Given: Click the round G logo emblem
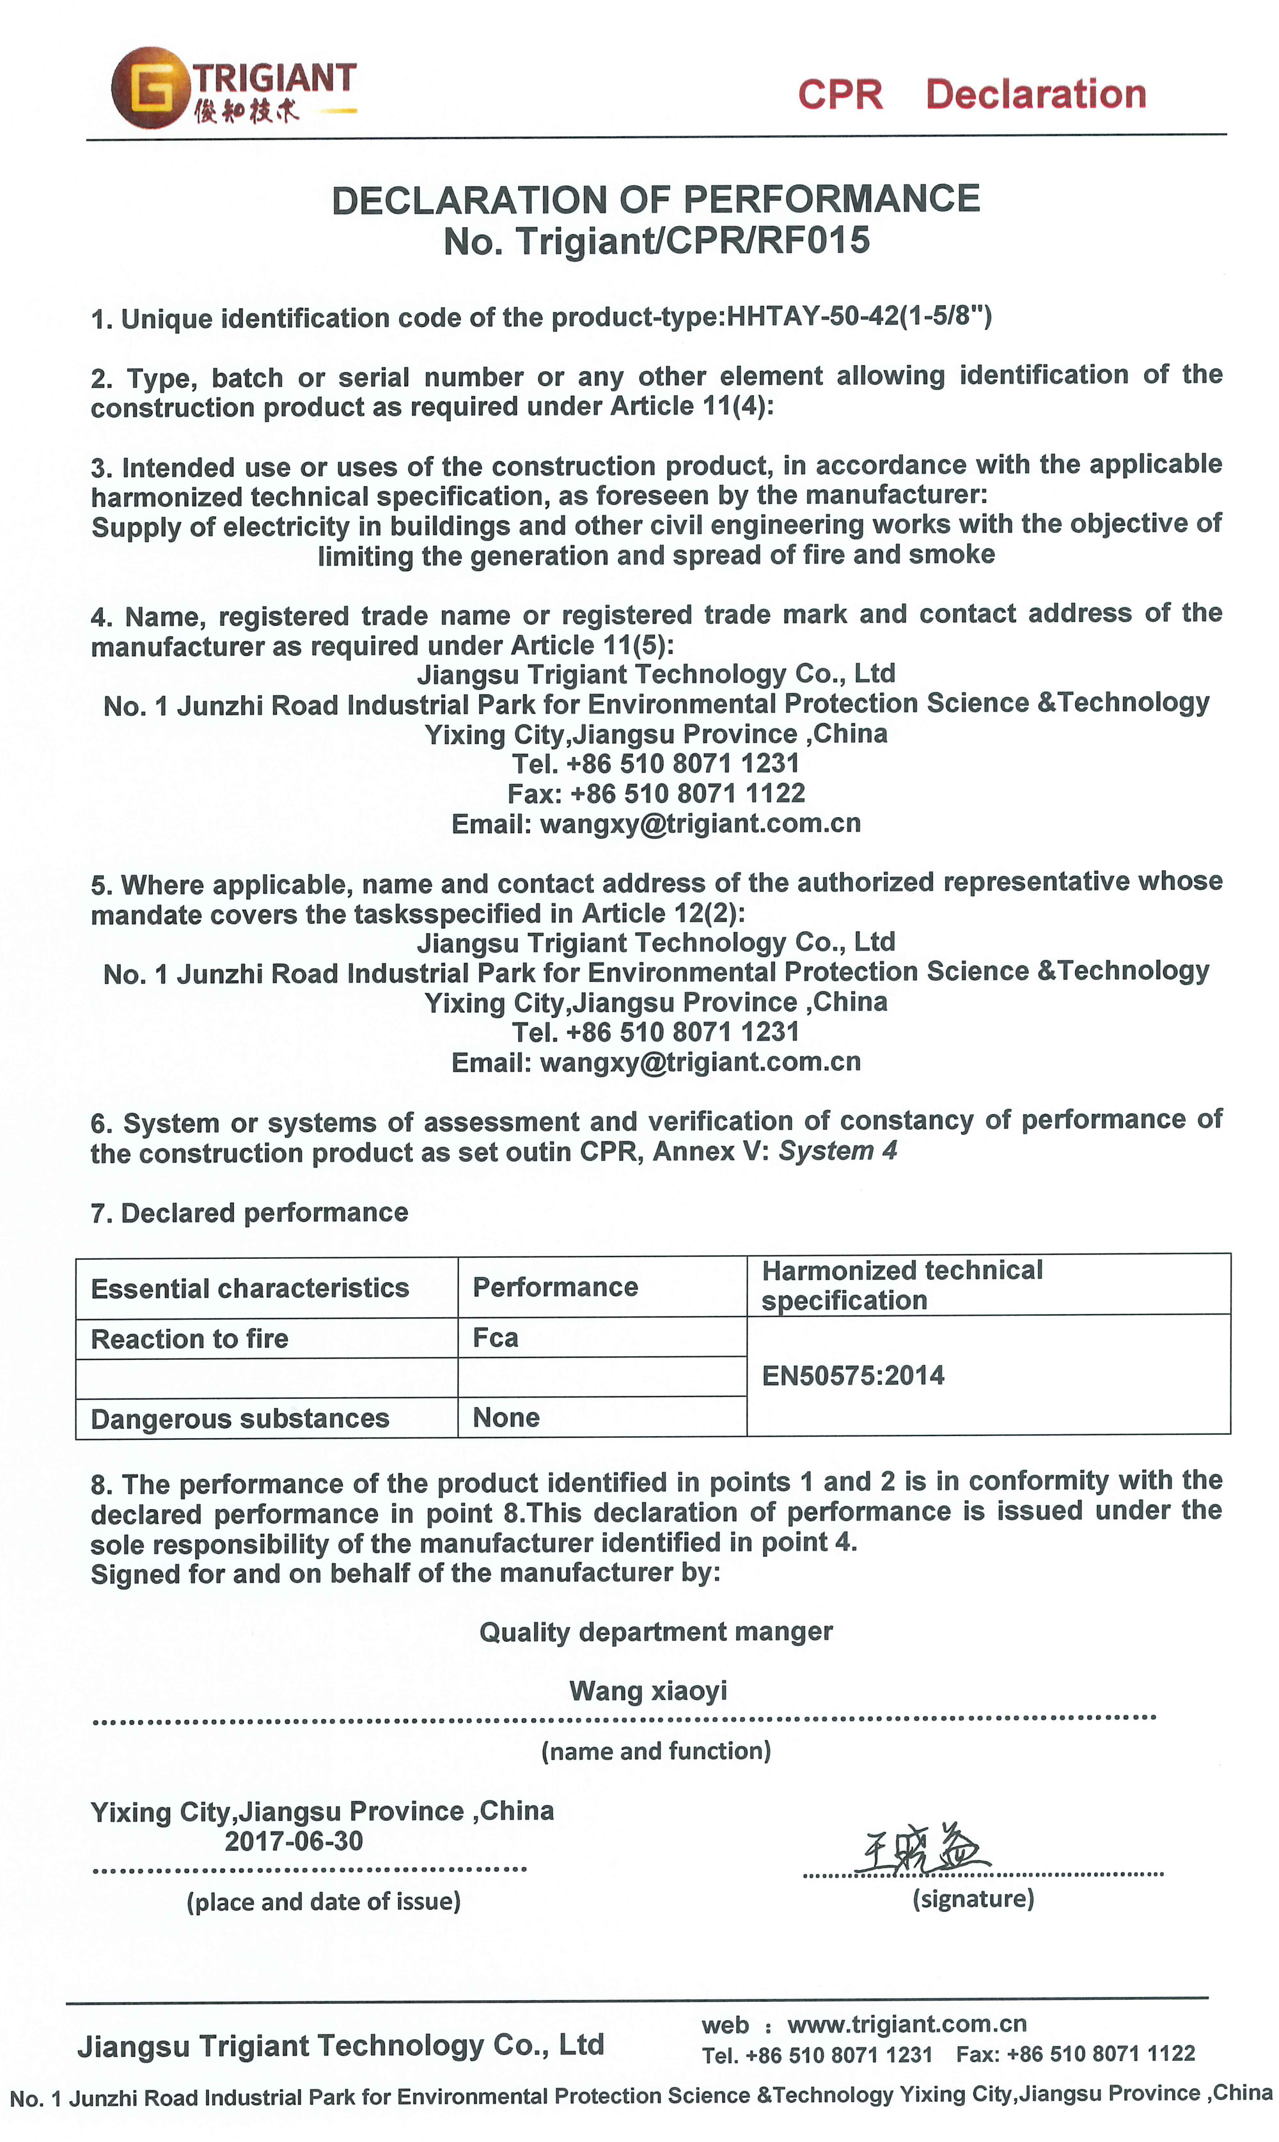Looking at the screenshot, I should pyautogui.click(x=151, y=88).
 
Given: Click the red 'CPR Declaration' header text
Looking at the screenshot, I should pyautogui.click(x=971, y=94).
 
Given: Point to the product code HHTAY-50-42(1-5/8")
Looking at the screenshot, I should pyautogui.click(x=859, y=317).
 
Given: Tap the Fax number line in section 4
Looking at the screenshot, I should pyautogui.click(x=656, y=793).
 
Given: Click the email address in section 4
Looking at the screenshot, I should pyautogui.click(x=700, y=824).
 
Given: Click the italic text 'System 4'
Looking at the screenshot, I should pyautogui.click(x=838, y=1150).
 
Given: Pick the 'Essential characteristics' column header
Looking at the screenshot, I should pyautogui.click(x=250, y=1288).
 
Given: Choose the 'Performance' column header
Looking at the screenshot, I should pyautogui.click(x=555, y=1287).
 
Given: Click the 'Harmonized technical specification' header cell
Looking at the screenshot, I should pyautogui.click(x=902, y=1285).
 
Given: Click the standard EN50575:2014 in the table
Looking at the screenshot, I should pyautogui.click(x=852, y=1375).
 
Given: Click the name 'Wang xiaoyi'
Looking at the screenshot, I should pyautogui.click(x=648, y=1691).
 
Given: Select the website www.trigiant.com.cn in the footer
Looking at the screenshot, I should pyautogui.click(x=907, y=2024).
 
